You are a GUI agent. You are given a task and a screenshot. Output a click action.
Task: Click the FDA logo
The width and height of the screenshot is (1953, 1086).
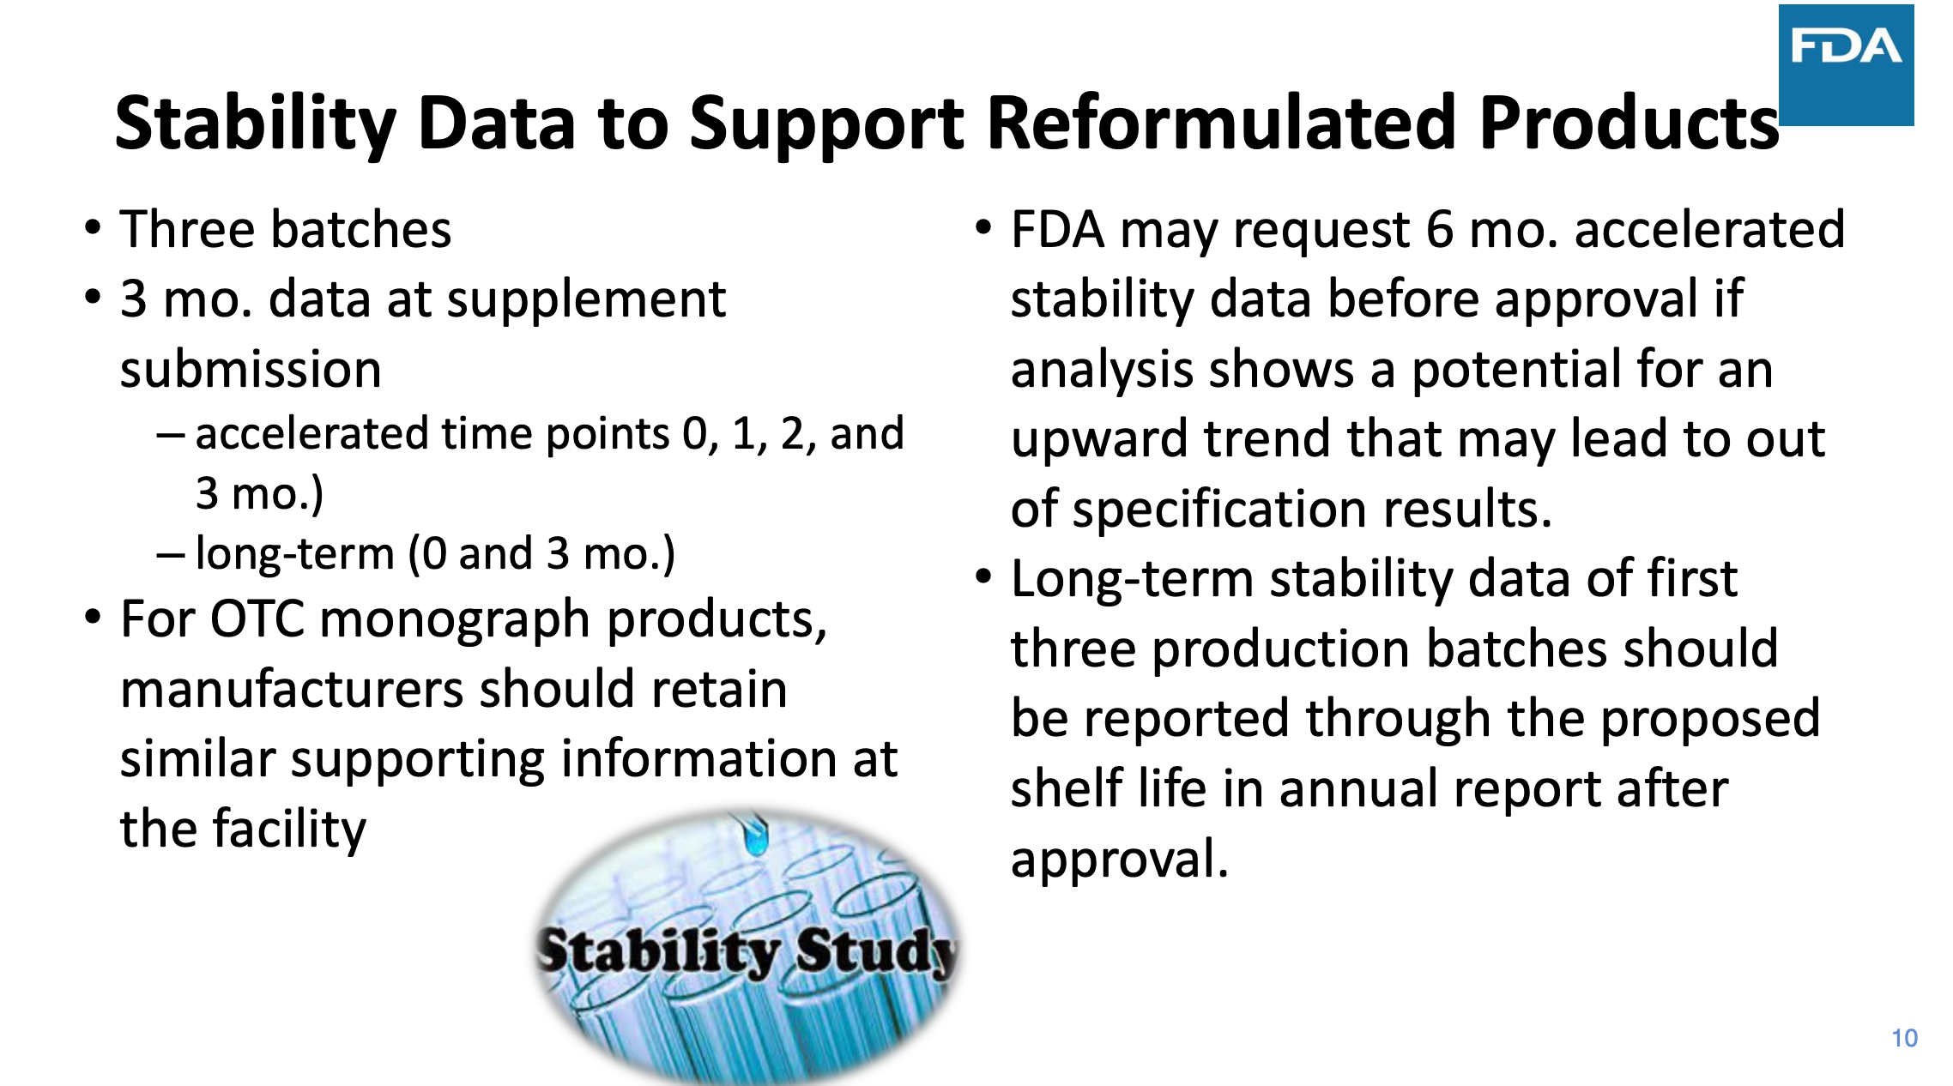pos(1846,65)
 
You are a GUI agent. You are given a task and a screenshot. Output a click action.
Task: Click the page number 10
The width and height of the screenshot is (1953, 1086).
pos(1904,1038)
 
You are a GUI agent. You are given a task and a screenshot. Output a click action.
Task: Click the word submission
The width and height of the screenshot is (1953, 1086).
pos(251,370)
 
